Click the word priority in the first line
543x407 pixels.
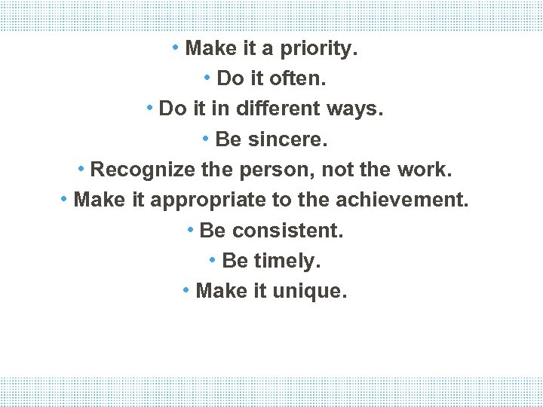pyautogui.click(x=318, y=50)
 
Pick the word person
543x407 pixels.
pyautogui.click(x=270, y=170)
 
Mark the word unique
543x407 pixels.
pyautogui.click(x=311, y=291)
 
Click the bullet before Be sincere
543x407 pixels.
pyautogui.click(x=206, y=138)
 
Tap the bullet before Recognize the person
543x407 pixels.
pyautogui.click(x=81, y=168)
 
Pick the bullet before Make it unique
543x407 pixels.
pyautogui.click(x=186, y=289)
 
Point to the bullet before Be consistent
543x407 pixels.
pyautogui.click(x=191, y=229)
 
